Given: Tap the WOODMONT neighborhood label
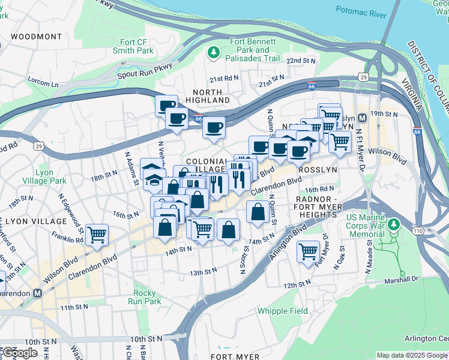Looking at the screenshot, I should (35, 37).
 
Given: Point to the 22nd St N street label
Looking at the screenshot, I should (301, 61).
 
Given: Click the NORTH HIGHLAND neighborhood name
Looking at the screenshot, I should (208, 95).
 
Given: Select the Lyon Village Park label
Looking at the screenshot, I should (51, 176).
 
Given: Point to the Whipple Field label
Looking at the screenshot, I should (282, 311).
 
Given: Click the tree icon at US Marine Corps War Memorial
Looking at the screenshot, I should (393, 224).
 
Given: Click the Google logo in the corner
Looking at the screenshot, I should (20, 352).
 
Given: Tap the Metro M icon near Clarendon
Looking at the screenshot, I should (38, 293).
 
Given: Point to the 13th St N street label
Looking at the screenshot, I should (203, 272).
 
